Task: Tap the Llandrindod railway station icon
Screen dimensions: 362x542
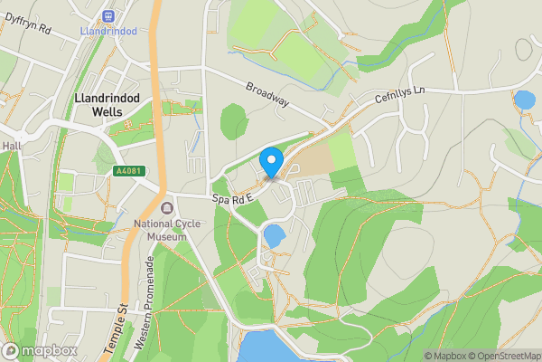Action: coord(109,15)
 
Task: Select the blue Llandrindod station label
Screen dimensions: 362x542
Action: coord(108,31)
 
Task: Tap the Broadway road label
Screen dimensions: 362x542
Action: coord(266,94)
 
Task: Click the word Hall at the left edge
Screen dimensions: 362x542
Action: coord(11,145)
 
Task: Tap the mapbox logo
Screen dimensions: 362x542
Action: coord(39,350)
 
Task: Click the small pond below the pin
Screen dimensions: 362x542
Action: coord(273,237)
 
